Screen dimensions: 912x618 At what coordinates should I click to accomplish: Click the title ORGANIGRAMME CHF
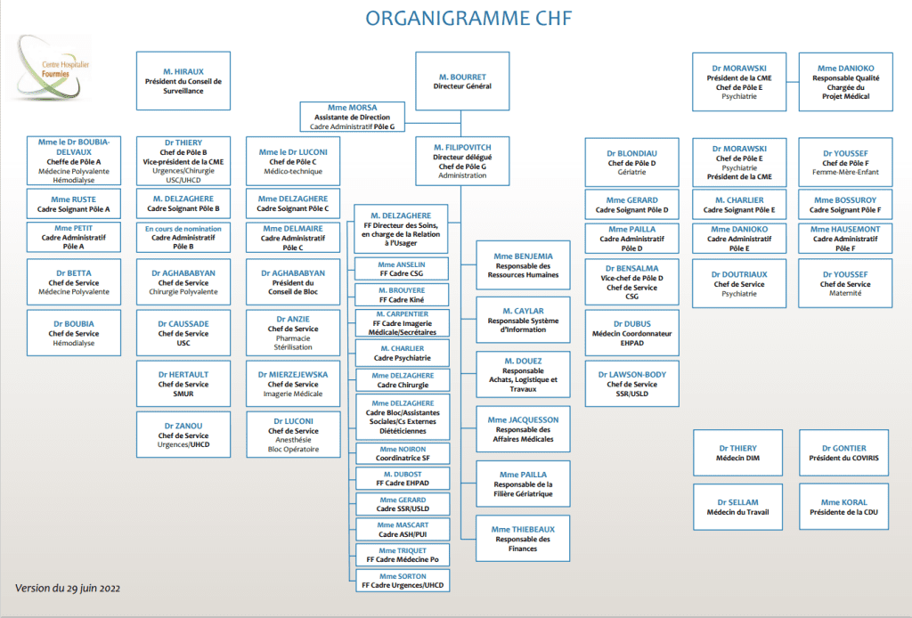(468, 18)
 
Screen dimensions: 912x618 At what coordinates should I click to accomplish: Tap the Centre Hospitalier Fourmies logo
(53, 68)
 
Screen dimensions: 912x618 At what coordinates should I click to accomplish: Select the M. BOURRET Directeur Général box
(462, 81)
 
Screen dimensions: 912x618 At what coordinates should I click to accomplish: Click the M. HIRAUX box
(183, 81)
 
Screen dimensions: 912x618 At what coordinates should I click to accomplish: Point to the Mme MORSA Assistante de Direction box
(353, 117)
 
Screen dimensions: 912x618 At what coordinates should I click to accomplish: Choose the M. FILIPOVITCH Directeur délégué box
(462, 161)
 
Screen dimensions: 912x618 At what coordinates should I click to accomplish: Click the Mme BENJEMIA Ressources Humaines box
(523, 265)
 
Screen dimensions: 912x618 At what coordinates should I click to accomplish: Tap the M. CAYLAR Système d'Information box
(523, 320)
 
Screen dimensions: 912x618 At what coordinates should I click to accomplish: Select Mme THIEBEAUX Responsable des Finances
(523, 539)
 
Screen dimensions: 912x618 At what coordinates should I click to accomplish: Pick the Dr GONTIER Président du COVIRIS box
(844, 453)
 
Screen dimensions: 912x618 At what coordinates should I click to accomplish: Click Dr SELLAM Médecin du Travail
(737, 507)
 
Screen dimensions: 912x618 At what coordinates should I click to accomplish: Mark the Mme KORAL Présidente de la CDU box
(844, 507)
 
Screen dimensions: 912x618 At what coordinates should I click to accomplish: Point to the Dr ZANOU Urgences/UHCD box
(183, 435)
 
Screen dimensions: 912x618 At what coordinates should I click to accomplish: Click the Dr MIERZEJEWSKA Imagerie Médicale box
(293, 384)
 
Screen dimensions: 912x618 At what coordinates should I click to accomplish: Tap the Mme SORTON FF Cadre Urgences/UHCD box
(403, 581)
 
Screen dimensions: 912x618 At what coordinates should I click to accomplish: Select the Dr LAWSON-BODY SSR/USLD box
(631, 384)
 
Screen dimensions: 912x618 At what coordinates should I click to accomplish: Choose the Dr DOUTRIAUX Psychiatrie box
(739, 284)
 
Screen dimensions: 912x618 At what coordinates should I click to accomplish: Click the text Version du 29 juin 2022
(68, 589)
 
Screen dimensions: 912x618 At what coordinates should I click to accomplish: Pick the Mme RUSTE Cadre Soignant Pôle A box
(74, 204)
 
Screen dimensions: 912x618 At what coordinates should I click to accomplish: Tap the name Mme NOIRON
(403, 450)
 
